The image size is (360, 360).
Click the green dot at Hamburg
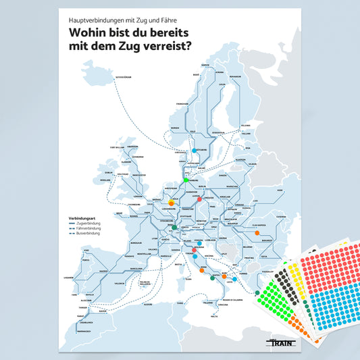tap(186, 180)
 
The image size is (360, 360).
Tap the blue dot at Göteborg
tap(195, 150)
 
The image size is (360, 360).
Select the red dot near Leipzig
tap(199, 200)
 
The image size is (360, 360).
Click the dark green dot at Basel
tap(175, 228)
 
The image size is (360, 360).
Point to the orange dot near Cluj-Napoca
tap(257, 233)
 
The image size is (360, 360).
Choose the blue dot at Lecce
tap(235, 278)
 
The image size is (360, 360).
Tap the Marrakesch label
tap(84, 332)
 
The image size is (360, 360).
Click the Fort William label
tap(117, 147)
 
